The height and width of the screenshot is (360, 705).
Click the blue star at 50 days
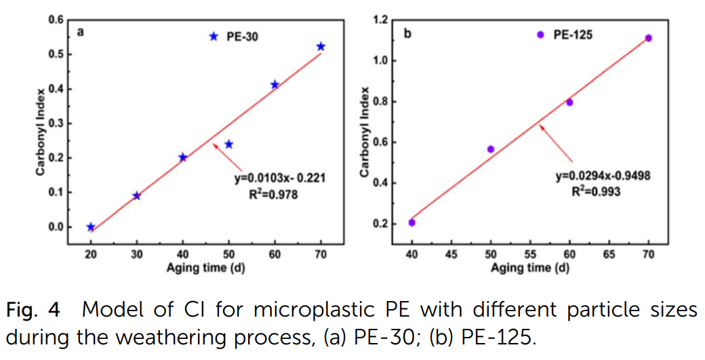[x=229, y=144]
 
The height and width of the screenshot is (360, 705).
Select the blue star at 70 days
[x=321, y=46]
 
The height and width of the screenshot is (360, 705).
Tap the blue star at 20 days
[x=91, y=227]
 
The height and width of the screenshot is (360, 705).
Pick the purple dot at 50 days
[x=491, y=149]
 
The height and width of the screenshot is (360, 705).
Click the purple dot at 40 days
[x=411, y=222]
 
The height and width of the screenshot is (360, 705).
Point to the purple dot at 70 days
[x=648, y=38]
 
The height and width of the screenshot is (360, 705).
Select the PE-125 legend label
[x=573, y=35]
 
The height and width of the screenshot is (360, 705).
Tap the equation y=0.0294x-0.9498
[x=603, y=176]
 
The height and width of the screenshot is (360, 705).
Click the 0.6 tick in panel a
[x=56, y=20]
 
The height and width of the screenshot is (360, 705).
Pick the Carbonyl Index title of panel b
[x=365, y=132]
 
